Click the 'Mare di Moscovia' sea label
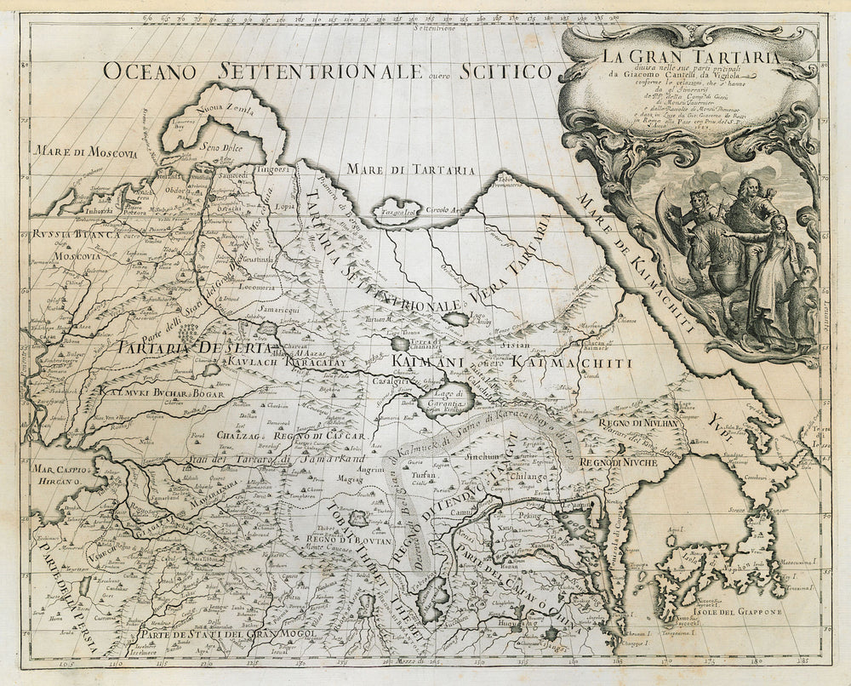[x=84, y=153]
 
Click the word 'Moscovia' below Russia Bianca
[x=77, y=254]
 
